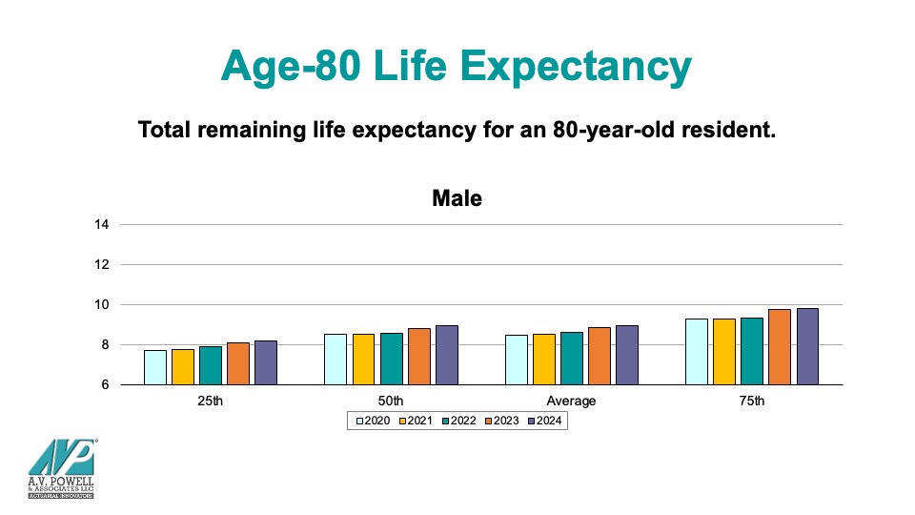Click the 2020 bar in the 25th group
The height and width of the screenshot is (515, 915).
point(155,367)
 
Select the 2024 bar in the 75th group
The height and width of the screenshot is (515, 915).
point(807,346)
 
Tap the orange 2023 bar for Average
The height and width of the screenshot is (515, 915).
point(599,356)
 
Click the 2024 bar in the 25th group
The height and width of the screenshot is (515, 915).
point(266,362)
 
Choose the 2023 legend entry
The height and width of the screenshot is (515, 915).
point(502,421)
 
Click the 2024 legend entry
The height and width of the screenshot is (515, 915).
point(545,421)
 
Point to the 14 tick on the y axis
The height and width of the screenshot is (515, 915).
point(102,225)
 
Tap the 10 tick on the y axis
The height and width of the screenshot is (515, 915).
point(102,305)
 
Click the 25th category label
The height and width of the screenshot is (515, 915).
point(211,401)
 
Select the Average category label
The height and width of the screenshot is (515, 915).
point(571,401)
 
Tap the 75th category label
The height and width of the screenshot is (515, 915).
point(752,401)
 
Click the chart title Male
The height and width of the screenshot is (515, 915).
point(457,199)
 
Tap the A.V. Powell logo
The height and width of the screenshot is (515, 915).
point(60,468)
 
